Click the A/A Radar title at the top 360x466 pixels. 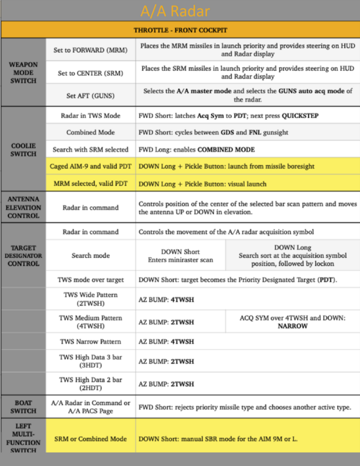[180, 11]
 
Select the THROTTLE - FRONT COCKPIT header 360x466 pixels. [180, 30]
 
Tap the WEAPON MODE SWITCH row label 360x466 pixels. [23, 72]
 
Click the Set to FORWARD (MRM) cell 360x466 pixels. [90, 50]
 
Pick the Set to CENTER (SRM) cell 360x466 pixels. [90, 73]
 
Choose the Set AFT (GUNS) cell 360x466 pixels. [90, 96]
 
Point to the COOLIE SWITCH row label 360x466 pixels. [23, 149]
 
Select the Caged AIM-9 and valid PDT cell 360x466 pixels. [90, 167]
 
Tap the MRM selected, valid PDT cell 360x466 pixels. [90, 184]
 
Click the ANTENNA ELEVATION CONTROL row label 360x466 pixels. [23, 208]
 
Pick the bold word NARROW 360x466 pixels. [292, 326]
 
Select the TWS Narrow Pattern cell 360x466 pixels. [90, 342]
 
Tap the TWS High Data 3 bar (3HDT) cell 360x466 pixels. [90, 360]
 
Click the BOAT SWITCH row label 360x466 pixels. [23, 406]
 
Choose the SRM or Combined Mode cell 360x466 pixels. [90, 439]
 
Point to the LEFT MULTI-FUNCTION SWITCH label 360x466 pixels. [23, 437]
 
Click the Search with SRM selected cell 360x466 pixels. [90, 150]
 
